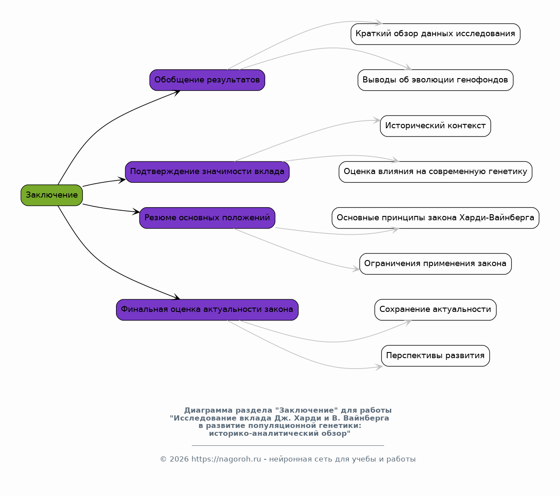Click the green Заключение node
[52, 195]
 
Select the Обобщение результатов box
[207, 80]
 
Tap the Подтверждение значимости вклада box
[207, 172]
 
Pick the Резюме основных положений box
[207, 218]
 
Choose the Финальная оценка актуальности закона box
[207, 310]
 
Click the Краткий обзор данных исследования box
[435, 34]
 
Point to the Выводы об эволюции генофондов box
[435, 80]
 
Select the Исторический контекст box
[435, 126]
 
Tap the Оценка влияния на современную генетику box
[435, 172]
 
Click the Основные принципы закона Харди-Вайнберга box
[435, 218]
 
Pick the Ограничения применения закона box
[435, 264]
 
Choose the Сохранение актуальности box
[435, 310]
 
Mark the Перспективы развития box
[435, 356]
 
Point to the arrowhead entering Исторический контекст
[376, 120]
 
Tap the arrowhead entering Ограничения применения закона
[356, 269]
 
